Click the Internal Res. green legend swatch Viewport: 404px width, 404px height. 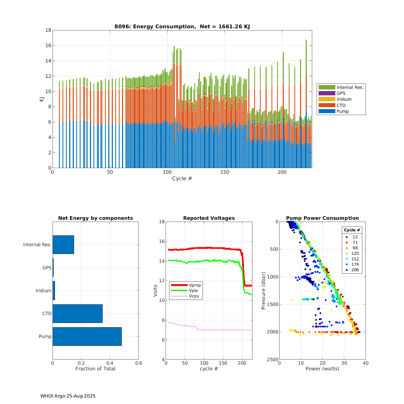pos(327,87)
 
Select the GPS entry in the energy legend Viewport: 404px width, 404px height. pos(341,93)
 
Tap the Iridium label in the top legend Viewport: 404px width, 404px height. pos(344,99)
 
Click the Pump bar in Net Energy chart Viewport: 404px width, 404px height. pos(87,336)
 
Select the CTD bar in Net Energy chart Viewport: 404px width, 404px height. pos(78,314)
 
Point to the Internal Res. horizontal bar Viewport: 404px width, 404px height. pos(63,245)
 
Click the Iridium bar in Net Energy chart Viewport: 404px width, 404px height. pos(54,291)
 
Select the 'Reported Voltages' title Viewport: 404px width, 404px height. pos(209,218)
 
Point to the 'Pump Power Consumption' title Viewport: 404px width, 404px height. pos(322,218)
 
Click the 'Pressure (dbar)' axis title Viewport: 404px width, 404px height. pos(263,291)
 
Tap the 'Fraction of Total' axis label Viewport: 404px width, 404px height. pos(95,369)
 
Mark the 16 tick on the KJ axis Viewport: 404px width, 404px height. pos(48,46)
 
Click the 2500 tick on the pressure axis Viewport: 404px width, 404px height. pos(273,360)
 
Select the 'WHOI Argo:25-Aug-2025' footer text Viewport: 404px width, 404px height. pos(68,396)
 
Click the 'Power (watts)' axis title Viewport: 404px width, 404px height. pos(322,369)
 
